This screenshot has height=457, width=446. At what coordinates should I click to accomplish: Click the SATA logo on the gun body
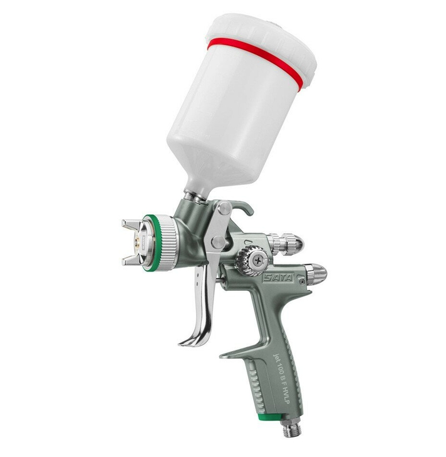tap(278, 278)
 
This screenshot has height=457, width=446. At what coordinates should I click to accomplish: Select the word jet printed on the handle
tap(275, 354)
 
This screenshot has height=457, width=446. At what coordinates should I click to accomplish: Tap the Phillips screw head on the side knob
tap(257, 260)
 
